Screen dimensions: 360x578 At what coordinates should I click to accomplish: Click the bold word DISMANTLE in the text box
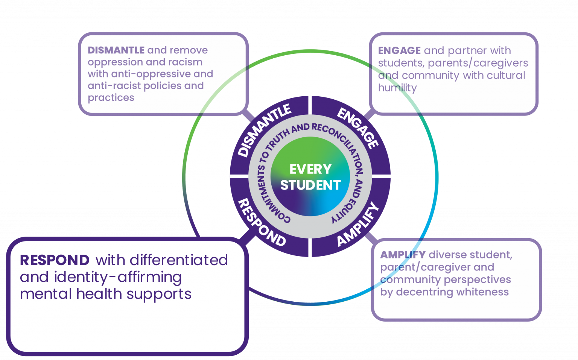(116, 50)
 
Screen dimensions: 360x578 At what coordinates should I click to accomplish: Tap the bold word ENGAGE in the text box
(399, 50)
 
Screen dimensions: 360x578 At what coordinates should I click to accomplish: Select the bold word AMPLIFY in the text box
(403, 255)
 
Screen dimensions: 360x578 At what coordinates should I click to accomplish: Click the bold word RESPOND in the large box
(55, 260)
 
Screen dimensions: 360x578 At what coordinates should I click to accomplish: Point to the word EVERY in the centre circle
(310, 169)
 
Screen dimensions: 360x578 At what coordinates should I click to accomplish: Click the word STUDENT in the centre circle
(310, 185)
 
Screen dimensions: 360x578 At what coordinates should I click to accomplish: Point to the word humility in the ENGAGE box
(397, 88)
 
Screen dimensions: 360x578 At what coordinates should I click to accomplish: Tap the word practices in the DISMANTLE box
(111, 98)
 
